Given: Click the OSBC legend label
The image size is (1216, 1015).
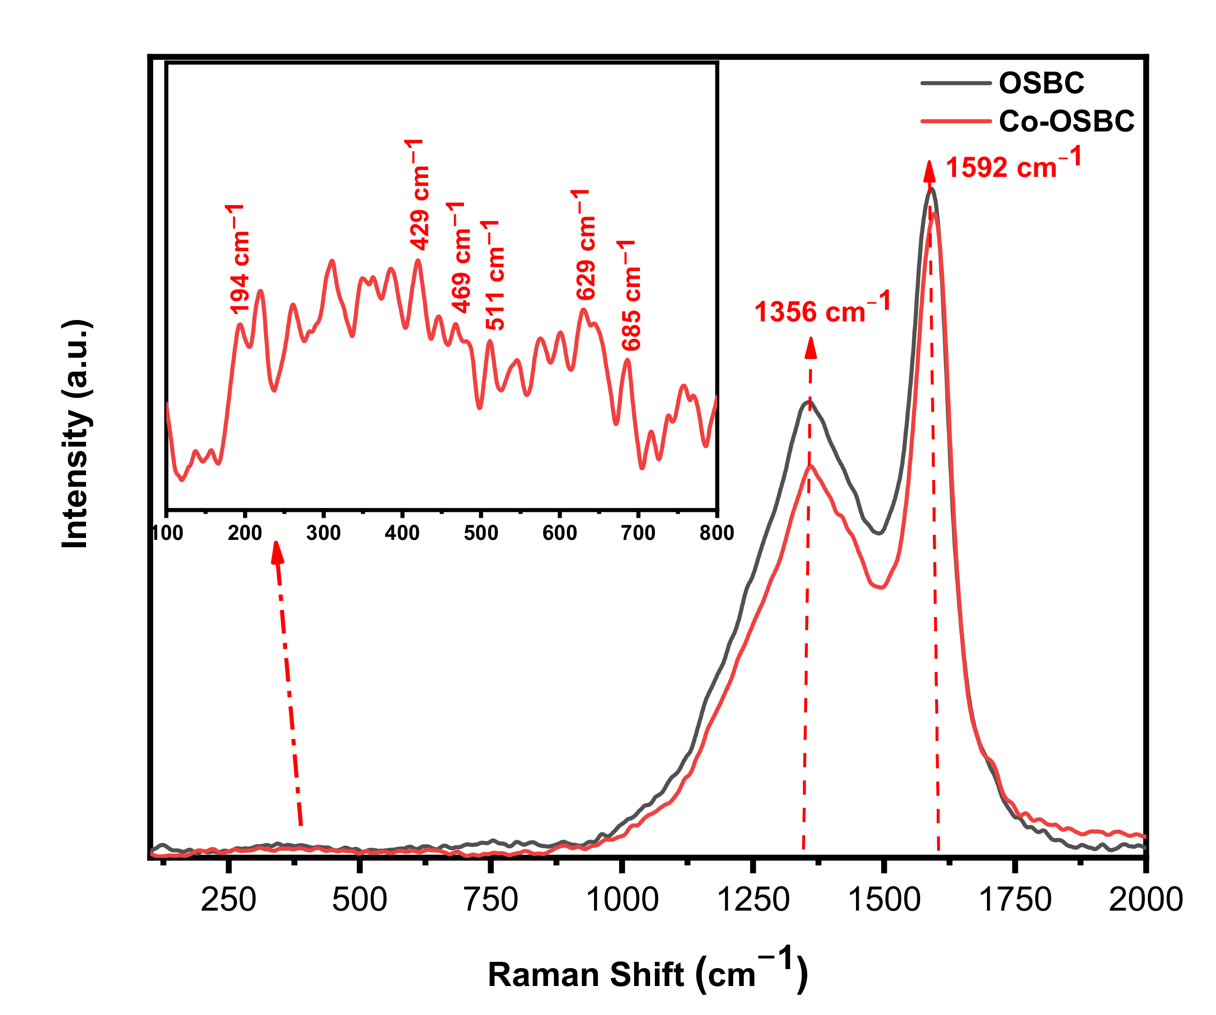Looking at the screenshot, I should click(x=1041, y=84).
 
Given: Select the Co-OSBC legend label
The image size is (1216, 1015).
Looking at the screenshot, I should click(x=1066, y=122).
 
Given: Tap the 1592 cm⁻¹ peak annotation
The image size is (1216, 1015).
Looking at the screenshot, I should click(x=1013, y=164).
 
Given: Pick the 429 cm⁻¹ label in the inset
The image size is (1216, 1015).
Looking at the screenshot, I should click(x=418, y=195).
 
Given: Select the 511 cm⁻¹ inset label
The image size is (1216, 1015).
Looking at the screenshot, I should click(x=494, y=275).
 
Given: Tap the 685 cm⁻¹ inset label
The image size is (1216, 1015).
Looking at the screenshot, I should click(x=631, y=295).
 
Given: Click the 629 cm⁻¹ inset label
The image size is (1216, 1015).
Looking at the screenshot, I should click(x=585, y=245).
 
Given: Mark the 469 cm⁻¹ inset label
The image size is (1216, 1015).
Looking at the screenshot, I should click(x=460, y=258).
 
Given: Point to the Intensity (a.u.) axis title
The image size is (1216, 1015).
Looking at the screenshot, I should click(x=76, y=433).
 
